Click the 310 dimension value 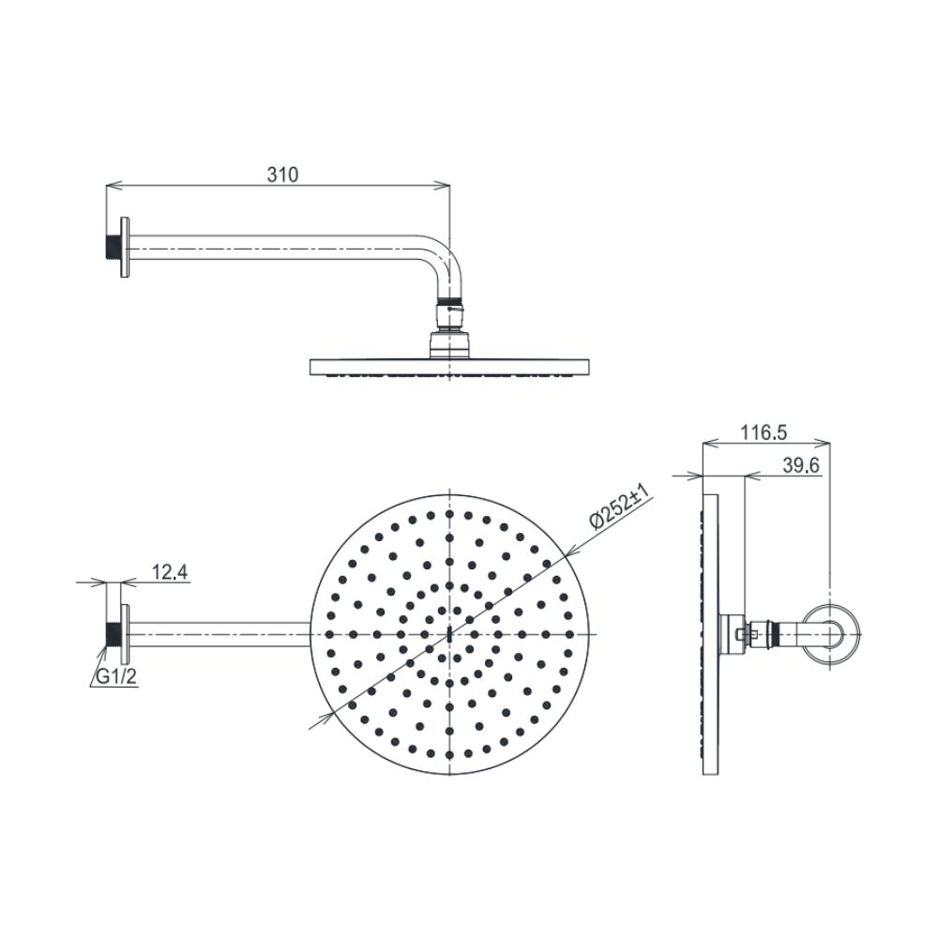(282, 174)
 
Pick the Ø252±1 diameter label (615, 509)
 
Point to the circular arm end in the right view (830, 634)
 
